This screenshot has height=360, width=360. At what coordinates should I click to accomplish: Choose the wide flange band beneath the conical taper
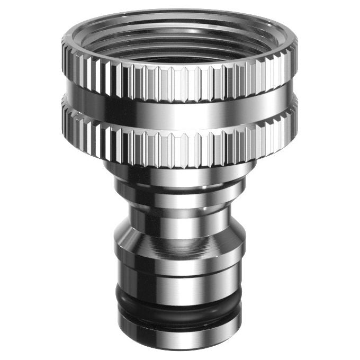(x=180, y=257)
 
